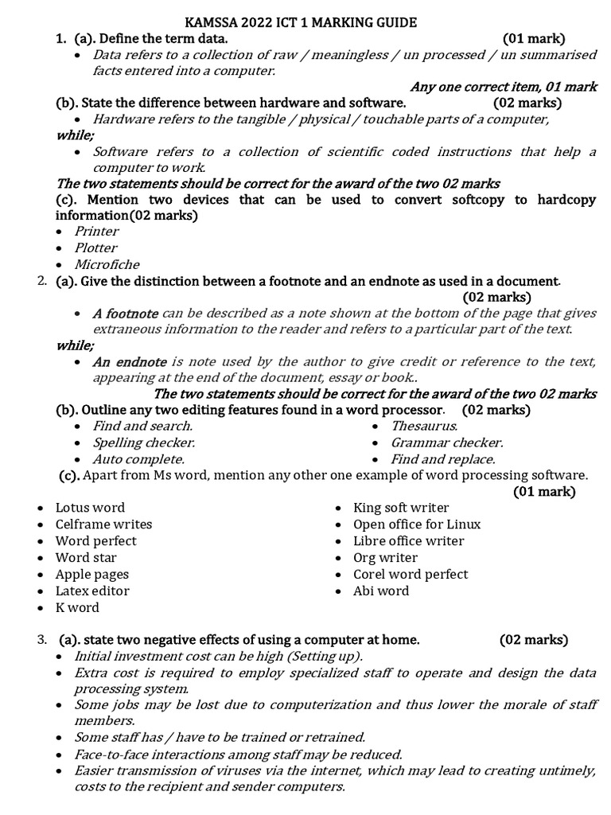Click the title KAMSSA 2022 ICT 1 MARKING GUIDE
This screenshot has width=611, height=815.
click(x=305, y=22)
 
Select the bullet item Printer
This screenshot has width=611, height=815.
click(x=96, y=231)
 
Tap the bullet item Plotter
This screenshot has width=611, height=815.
click(x=96, y=248)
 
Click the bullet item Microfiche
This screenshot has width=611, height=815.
click(x=107, y=264)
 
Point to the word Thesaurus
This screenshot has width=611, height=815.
click(x=423, y=426)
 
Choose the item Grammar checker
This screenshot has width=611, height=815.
click(x=446, y=443)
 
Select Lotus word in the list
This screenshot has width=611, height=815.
click(x=90, y=507)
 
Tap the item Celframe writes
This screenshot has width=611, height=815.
click(x=103, y=524)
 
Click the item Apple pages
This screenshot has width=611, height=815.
click(x=91, y=574)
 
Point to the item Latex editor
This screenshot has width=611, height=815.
click(x=92, y=591)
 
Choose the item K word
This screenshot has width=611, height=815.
click(x=77, y=607)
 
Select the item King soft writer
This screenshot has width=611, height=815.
click(x=401, y=507)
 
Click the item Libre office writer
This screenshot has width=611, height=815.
click(x=409, y=540)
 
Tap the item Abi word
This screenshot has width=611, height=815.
click(x=381, y=591)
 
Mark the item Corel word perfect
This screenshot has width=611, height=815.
click(x=411, y=574)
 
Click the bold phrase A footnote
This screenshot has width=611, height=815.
click(x=125, y=314)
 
